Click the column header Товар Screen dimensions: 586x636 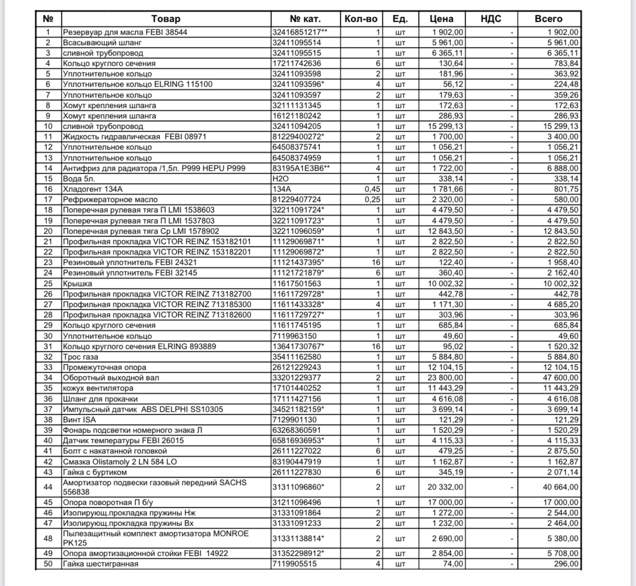[x=165, y=19]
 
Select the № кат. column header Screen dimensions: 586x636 [x=305, y=19]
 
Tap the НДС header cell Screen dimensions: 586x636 [x=491, y=19]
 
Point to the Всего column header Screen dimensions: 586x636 [x=548, y=19]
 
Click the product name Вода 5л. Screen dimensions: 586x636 [x=79, y=179]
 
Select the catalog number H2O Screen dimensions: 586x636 [x=280, y=179]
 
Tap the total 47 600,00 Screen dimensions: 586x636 [x=560, y=378]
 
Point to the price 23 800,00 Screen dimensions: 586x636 [x=445, y=378]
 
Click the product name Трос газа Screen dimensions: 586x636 [x=80, y=357]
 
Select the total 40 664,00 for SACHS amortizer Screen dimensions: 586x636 [x=560, y=487]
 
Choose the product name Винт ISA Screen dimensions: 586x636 [x=79, y=420]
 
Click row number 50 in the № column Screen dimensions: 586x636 [x=48, y=564]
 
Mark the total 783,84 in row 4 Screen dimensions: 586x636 [x=566, y=63]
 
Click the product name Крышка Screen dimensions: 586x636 [x=77, y=284]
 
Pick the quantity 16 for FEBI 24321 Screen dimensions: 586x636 [x=376, y=262]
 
